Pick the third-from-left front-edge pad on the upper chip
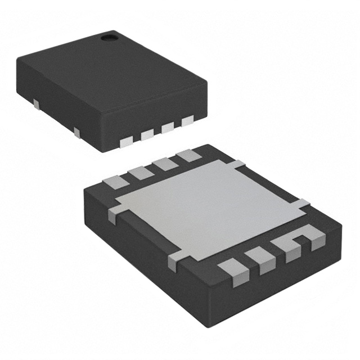tap(168, 128)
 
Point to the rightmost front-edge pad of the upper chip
tap(187, 120)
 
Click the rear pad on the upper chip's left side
tap(36, 103)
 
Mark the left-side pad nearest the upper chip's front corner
tap(76, 133)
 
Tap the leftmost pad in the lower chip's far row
tap(116, 182)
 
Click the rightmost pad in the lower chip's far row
tap(186, 156)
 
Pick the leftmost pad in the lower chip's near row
tap(232, 269)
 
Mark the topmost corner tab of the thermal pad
tap(238, 164)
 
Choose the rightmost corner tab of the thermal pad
tap(303, 204)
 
